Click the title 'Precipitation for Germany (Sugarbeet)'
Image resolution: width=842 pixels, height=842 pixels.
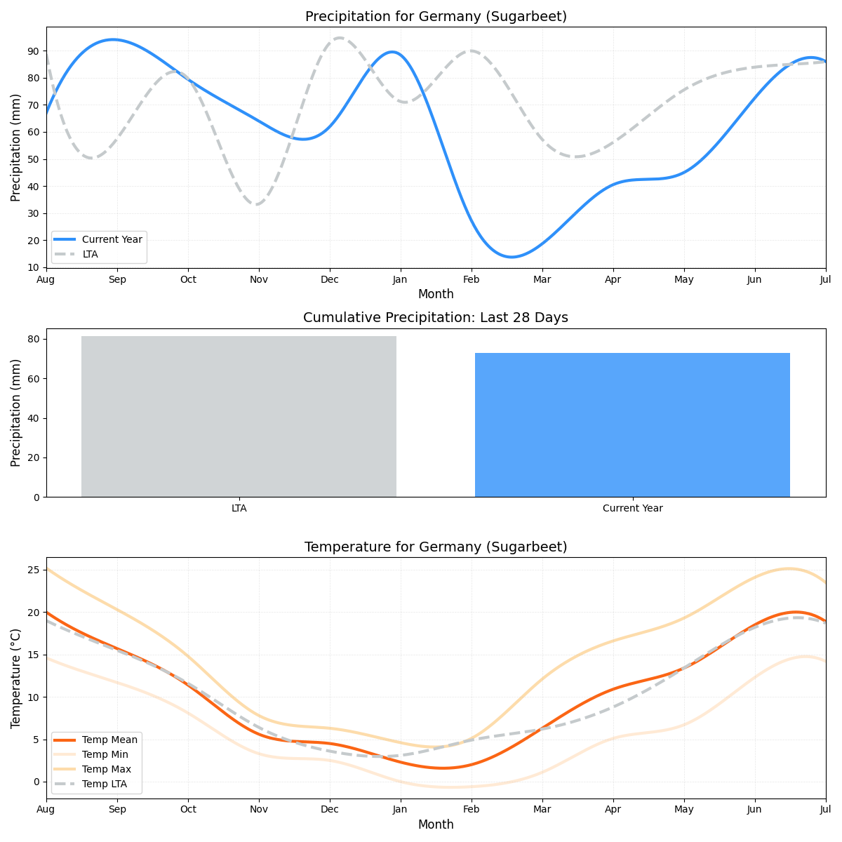tap(436, 17)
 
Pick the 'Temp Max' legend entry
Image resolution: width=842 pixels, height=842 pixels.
tap(106, 769)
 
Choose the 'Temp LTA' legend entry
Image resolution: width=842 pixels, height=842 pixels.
tap(105, 784)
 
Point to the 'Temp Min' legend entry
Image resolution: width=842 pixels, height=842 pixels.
tap(105, 754)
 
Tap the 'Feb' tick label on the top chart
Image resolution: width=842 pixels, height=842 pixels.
tap(472, 279)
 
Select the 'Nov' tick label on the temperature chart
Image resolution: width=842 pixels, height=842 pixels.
tap(259, 810)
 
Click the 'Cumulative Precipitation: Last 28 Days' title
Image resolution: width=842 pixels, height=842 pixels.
tap(436, 318)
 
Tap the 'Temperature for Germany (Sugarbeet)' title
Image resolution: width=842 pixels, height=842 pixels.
tap(436, 547)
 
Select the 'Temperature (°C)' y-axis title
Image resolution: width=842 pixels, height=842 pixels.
tap(16, 678)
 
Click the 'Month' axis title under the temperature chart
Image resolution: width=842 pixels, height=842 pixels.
tap(436, 824)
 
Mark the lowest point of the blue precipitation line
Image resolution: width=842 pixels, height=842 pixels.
tap(511, 257)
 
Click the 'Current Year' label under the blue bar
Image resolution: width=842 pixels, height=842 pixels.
tap(632, 508)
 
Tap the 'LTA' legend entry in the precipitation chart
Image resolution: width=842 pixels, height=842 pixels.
tap(91, 254)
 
